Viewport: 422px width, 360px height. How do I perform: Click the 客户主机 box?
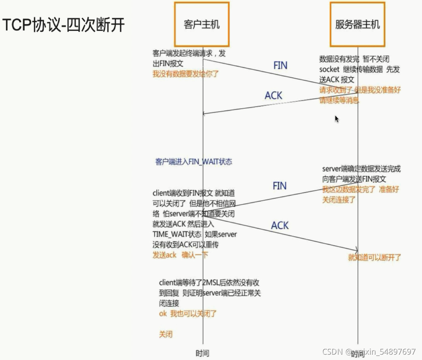202,24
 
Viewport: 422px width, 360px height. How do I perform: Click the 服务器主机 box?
357,24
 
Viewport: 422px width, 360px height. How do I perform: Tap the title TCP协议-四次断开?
64,25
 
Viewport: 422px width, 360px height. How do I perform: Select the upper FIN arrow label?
280,65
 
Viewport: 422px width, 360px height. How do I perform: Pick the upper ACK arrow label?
273,95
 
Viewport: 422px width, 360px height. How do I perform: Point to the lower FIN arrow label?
279,186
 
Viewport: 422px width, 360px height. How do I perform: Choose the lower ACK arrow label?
280,225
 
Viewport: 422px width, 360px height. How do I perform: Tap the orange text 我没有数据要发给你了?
185,74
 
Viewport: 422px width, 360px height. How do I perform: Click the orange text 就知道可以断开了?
375,258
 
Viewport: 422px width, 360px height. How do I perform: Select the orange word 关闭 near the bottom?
166,334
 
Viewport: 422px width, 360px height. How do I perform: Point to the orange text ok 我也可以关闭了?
188,314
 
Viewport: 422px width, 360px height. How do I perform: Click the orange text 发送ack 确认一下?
180,255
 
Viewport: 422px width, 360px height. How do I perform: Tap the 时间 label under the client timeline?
202,353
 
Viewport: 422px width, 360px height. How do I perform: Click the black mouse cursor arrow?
337,119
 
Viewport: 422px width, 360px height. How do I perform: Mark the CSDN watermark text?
369,352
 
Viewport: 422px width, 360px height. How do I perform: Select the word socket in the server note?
329,69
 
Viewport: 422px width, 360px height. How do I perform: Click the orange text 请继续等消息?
339,100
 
